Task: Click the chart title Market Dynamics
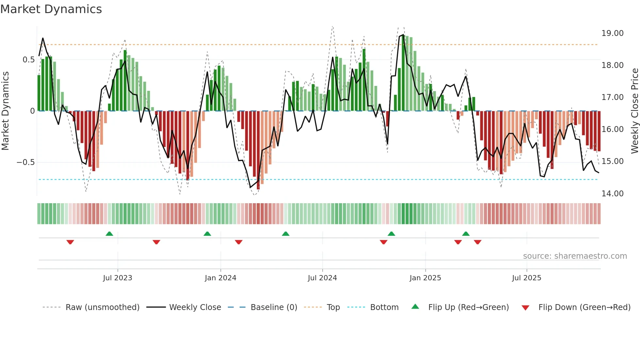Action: click(51, 9)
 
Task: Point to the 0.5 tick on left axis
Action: click(28, 60)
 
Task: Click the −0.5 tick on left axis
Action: click(26, 162)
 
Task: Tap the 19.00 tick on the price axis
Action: click(612, 33)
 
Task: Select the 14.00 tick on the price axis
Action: click(612, 194)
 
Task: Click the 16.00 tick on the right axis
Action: click(612, 129)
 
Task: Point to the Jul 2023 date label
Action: click(118, 278)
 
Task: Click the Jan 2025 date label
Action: click(425, 278)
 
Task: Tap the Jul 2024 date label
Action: click(322, 278)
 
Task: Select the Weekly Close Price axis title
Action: click(634, 111)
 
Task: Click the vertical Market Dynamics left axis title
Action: click(5, 111)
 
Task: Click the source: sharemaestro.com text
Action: click(575, 256)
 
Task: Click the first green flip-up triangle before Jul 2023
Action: click(109, 234)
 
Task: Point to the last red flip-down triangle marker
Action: click(478, 242)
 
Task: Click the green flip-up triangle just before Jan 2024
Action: click(207, 234)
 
